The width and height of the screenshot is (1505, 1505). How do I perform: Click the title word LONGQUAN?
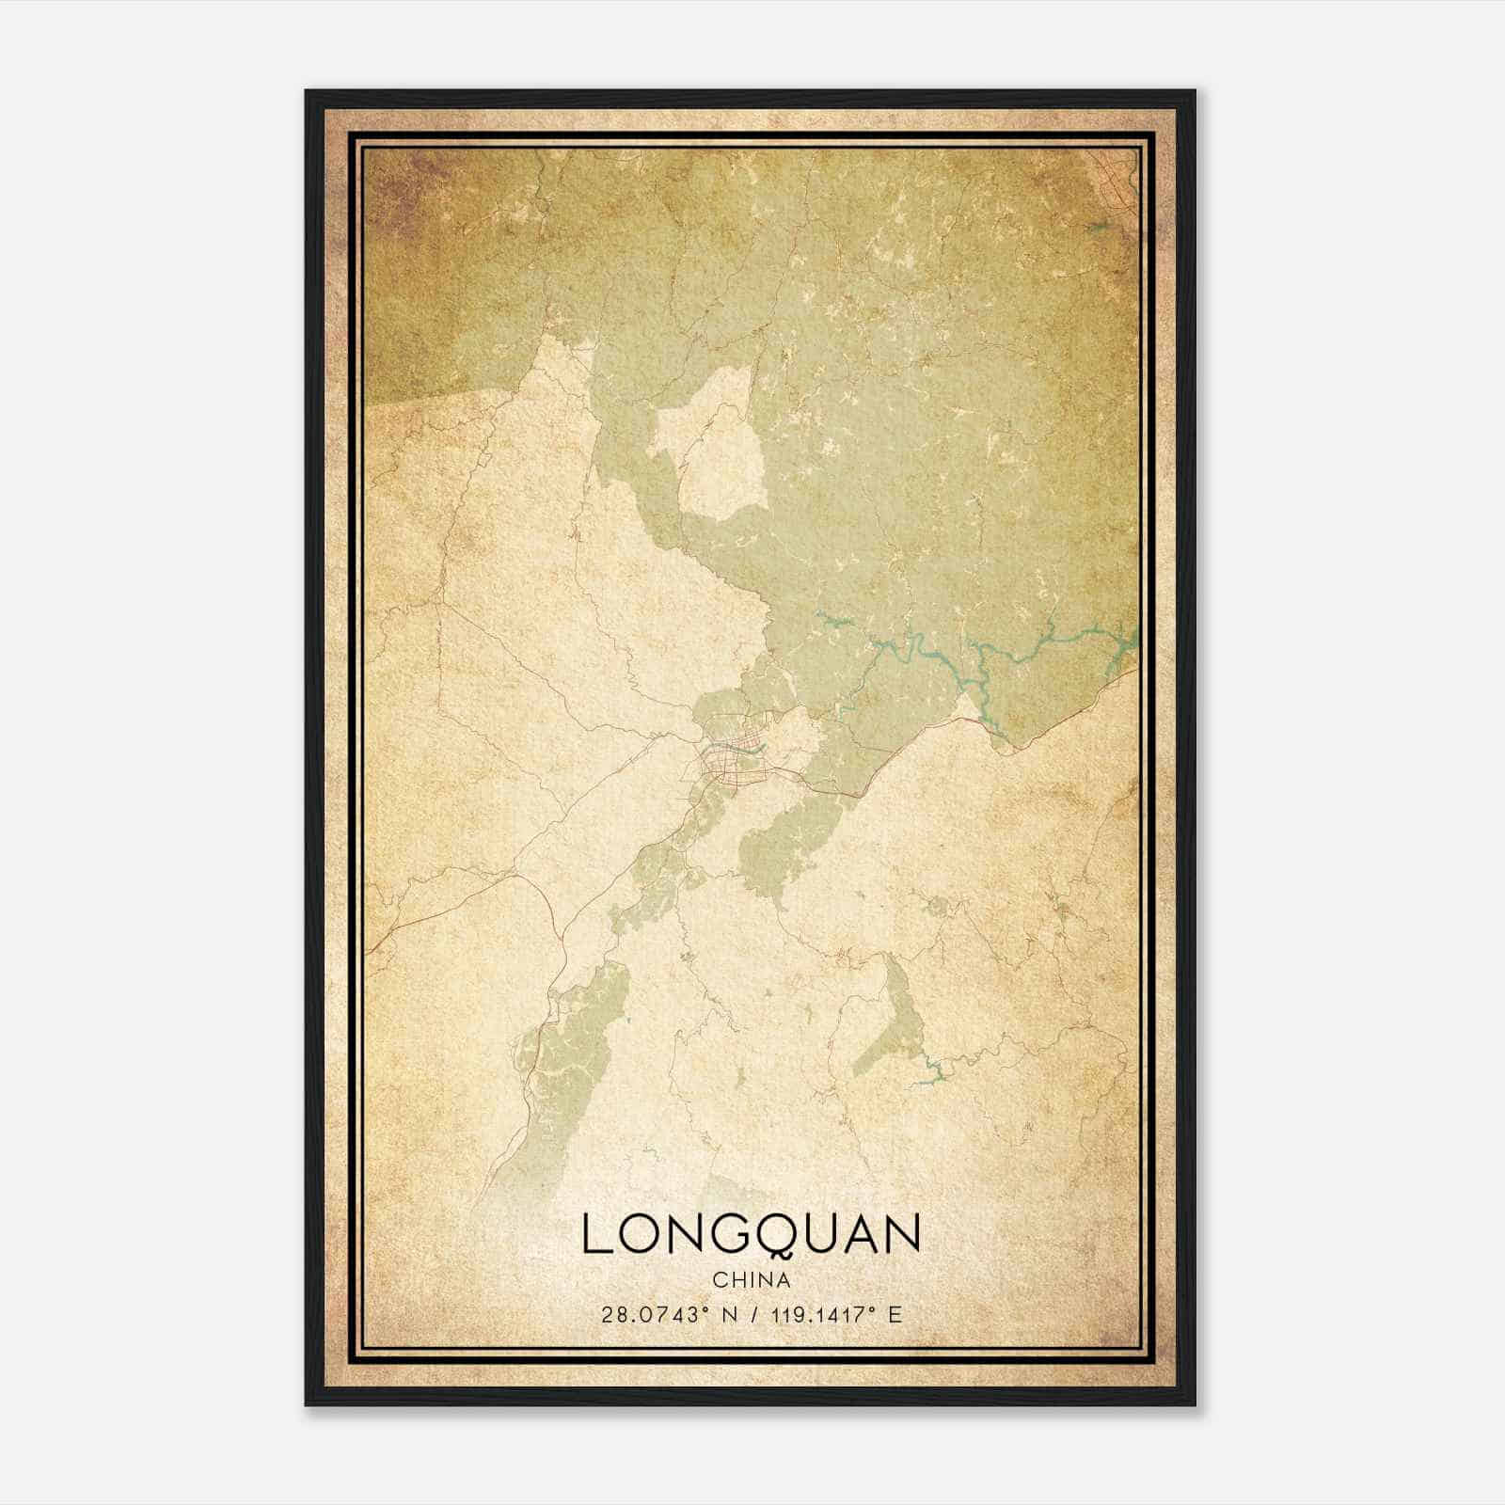pos(751,1234)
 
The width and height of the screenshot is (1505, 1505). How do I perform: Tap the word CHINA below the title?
pos(751,1280)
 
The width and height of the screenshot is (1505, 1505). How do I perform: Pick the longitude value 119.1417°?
pos(816,1314)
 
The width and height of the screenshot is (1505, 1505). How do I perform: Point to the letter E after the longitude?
pos(895,1314)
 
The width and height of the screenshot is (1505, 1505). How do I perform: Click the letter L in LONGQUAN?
pos(597,1234)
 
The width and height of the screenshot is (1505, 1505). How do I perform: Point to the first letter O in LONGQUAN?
pos(640,1234)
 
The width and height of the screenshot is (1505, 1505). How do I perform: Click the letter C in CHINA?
pos(720,1280)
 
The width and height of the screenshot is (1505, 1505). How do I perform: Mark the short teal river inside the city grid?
pos(755,751)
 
